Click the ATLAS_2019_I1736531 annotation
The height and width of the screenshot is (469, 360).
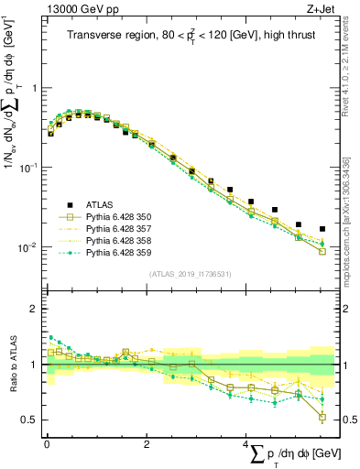(188, 273)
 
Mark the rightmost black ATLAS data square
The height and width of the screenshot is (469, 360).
(322, 229)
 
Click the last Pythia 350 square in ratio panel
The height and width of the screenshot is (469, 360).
(322, 418)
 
